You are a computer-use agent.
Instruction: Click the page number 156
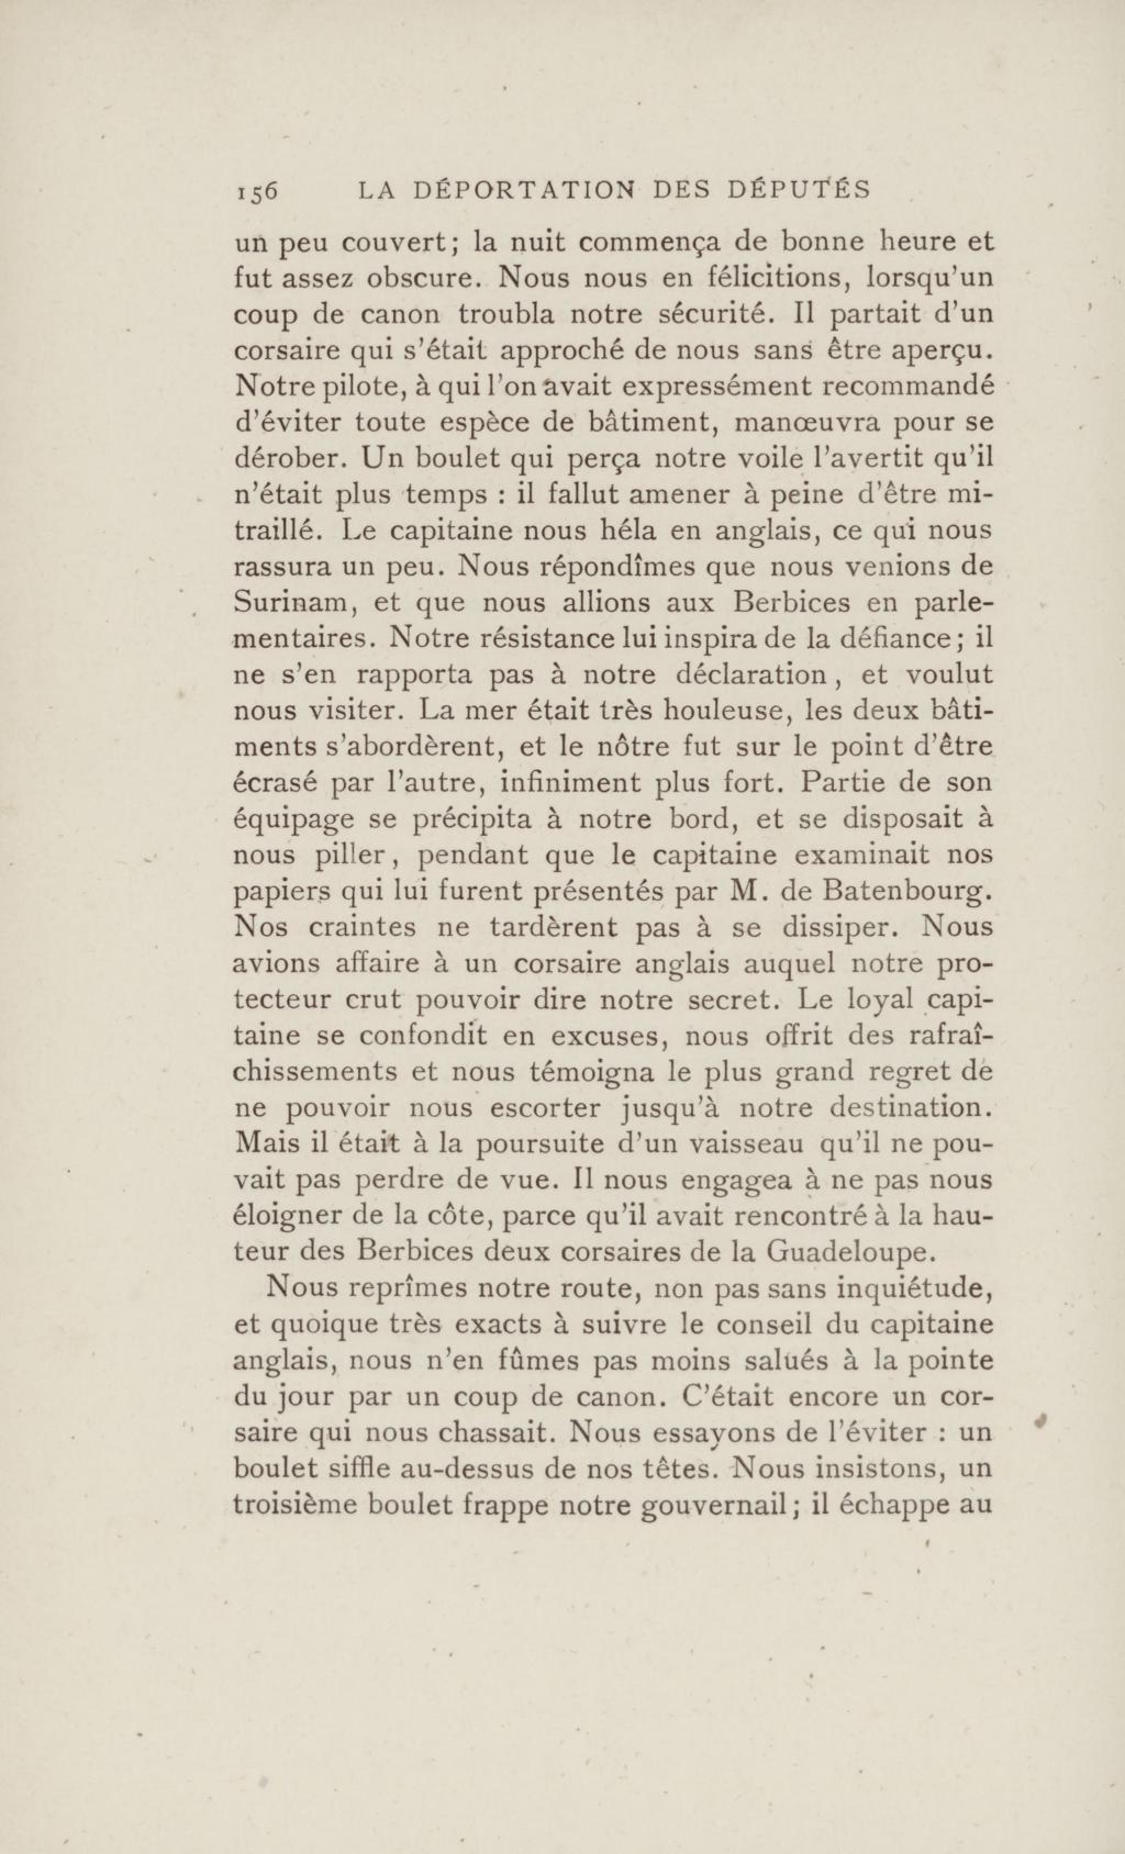pos(256,191)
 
